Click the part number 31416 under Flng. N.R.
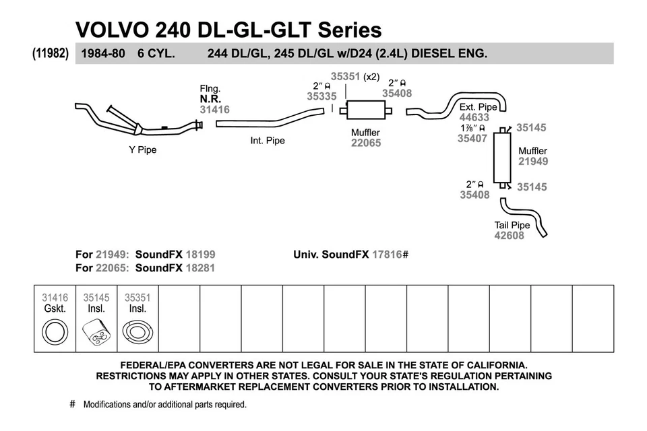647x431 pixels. tap(214, 109)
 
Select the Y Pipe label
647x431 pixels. tap(142, 150)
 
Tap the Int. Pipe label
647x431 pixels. tap(268, 141)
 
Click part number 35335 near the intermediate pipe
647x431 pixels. tap(321, 96)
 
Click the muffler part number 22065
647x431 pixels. tap(365, 143)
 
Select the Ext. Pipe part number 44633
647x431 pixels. tap(474, 117)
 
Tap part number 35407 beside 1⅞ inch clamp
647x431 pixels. tap(472, 138)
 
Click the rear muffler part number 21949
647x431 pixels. tap(532, 162)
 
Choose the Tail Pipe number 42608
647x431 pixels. tap(509, 236)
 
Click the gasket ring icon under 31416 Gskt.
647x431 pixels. tap(55, 332)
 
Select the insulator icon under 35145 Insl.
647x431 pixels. tap(96, 332)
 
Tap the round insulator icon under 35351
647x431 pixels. tap(137, 332)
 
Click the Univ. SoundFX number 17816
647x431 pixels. tap(387, 255)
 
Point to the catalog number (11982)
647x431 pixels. tap(51, 53)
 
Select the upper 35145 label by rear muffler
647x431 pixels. tap(531, 127)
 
